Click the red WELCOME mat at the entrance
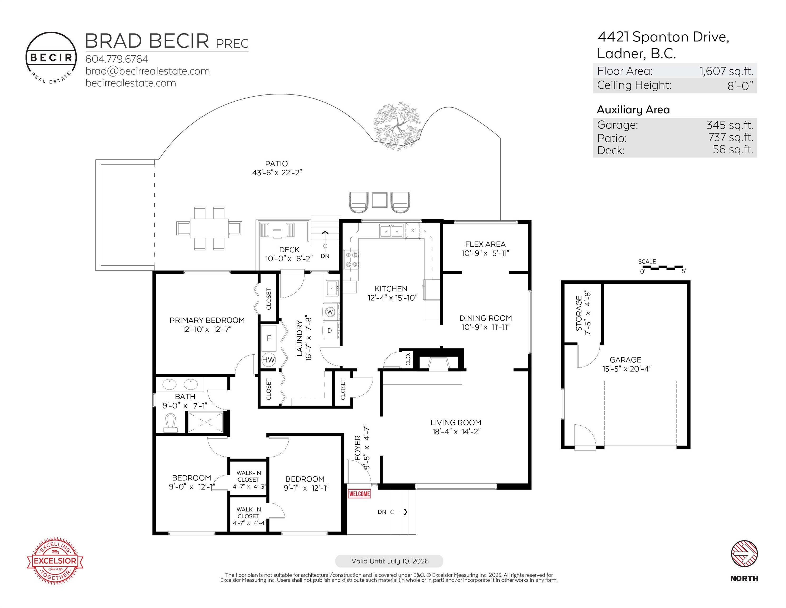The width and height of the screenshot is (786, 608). [x=359, y=494]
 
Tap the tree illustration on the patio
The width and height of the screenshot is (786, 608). [x=397, y=127]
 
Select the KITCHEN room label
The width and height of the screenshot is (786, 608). [x=391, y=289]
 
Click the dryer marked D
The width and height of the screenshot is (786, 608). [x=330, y=331]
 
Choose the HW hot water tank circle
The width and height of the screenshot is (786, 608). [x=268, y=359]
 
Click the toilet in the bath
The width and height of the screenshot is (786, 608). [x=171, y=424]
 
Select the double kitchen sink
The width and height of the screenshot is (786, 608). [x=391, y=231]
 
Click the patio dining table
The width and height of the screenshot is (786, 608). [x=209, y=228]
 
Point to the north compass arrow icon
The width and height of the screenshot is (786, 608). [x=744, y=554]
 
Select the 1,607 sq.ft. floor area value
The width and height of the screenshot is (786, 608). [x=726, y=71]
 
